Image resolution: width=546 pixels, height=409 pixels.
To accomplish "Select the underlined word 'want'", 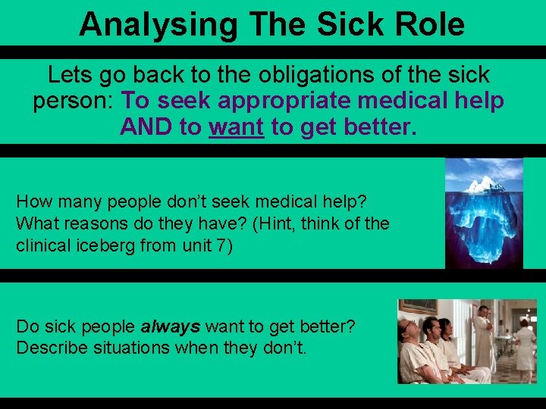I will point(237,126).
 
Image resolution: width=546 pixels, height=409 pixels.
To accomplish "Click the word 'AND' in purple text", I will point(146,126).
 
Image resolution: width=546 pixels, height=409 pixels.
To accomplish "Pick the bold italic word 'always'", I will point(171,327).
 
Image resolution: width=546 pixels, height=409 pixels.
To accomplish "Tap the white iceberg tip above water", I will point(482,183).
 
